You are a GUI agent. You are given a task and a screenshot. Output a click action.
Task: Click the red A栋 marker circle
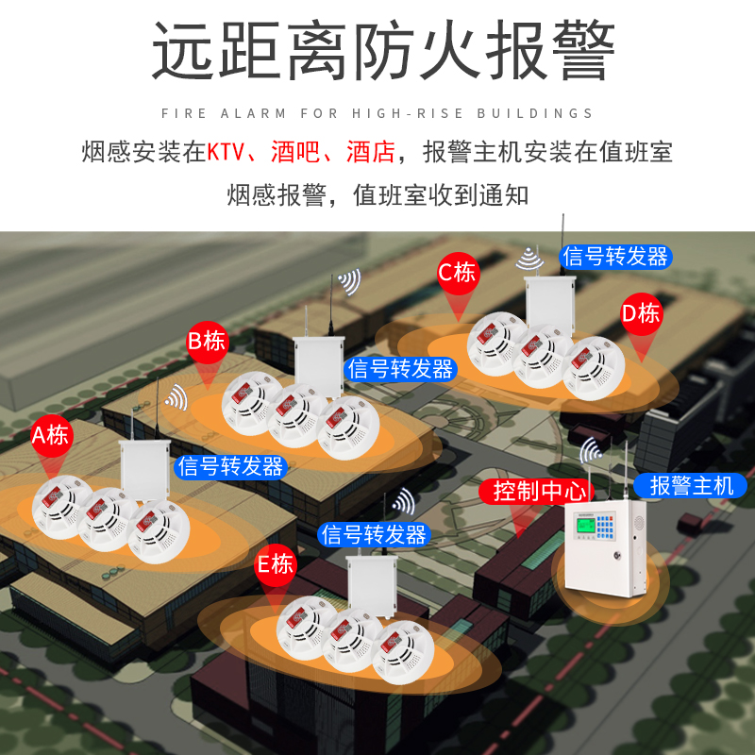(x=50, y=436)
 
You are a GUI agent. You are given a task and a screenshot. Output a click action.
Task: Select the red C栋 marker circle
(x=458, y=274)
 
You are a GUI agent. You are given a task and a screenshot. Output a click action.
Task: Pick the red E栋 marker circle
(x=276, y=565)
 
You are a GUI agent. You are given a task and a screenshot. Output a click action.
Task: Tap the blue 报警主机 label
(x=691, y=486)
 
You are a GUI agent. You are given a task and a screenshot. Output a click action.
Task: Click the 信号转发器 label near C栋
(x=614, y=256)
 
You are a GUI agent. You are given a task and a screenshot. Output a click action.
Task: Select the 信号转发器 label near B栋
(x=401, y=369)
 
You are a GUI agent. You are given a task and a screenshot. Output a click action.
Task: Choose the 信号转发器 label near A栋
(x=230, y=465)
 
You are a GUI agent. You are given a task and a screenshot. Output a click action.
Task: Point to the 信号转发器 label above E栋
(x=374, y=534)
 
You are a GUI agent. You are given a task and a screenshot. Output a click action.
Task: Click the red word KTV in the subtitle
(x=226, y=152)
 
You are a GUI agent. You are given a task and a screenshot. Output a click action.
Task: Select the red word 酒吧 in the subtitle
(x=294, y=152)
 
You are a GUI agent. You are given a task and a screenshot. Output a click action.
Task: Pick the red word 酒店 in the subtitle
(x=370, y=152)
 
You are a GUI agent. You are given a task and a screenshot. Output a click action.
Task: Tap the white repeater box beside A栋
(x=143, y=471)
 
